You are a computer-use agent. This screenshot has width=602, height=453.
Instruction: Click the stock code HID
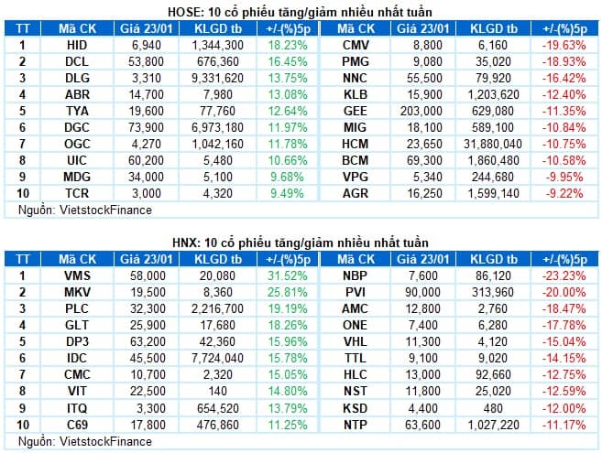point(77,45)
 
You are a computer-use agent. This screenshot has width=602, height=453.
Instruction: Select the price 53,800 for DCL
point(146,61)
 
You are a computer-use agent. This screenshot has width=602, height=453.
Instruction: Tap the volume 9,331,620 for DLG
point(217,79)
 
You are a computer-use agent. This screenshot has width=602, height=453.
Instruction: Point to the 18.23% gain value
point(288,45)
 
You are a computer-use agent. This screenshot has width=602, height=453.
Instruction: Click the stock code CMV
point(356,45)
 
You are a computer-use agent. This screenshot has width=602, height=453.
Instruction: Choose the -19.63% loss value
point(564,45)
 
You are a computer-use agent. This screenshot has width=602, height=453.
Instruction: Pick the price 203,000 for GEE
point(421,112)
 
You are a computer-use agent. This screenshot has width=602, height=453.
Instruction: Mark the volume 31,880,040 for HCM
point(493,145)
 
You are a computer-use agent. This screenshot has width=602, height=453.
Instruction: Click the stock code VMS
point(77,275)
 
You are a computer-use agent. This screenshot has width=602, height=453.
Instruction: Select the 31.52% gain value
point(288,275)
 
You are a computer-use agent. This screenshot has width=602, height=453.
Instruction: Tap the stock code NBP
point(356,275)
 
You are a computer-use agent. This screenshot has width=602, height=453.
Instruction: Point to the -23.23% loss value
point(564,275)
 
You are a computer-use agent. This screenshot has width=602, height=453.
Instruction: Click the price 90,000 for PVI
point(422,292)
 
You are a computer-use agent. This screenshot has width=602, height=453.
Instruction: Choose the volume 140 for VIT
point(217,392)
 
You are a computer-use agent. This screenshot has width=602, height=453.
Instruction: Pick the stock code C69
point(77,425)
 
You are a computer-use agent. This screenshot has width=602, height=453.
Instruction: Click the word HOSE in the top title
point(185,12)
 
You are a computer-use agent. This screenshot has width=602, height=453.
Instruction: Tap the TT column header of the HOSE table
point(23,28)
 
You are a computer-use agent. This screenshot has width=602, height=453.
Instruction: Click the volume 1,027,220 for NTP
point(493,425)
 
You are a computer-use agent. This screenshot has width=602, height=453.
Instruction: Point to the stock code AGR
point(356,194)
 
